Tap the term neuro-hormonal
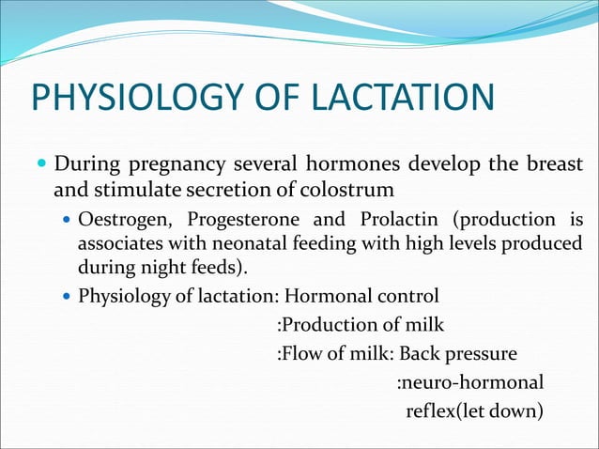[x=469, y=382]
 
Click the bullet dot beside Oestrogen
[x=65, y=221]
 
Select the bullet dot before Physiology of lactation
[x=65, y=299]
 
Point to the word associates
[x=118, y=245]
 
